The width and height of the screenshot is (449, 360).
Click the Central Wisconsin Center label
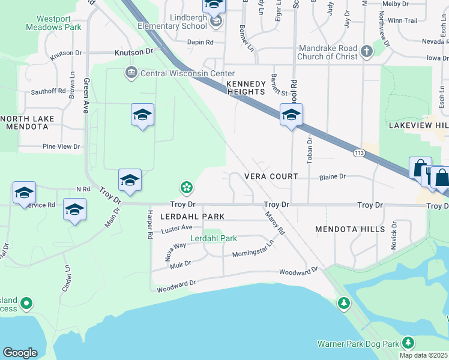point(178,73)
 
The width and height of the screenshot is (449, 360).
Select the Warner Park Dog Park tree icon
point(408,343)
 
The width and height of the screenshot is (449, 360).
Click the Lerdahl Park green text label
point(214,238)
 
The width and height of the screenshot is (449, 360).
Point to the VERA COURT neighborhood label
point(271,176)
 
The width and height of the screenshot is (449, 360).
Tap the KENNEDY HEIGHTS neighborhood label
point(246,88)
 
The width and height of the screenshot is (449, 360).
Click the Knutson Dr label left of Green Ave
point(65,53)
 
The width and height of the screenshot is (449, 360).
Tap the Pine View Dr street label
point(61,146)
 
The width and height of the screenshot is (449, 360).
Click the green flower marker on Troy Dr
point(187,188)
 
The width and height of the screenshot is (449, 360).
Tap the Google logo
point(20,353)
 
